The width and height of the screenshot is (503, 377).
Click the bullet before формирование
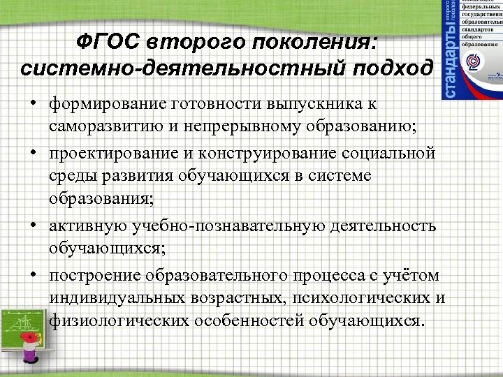click(x=34, y=103)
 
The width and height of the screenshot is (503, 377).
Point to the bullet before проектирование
click(x=34, y=152)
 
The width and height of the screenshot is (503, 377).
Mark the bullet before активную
click(x=34, y=225)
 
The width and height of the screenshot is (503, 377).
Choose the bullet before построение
click(x=34, y=274)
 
